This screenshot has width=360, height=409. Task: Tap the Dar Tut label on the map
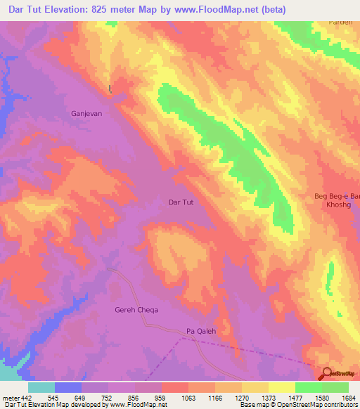click(x=181, y=202)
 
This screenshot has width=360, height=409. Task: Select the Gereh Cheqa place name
click(x=136, y=310)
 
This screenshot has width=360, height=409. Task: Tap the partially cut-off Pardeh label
click(x=341, y=22)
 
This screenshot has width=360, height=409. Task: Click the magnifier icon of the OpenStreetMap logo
click(x=327, y=375)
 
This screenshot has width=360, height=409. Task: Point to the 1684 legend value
click(x=348, y=397)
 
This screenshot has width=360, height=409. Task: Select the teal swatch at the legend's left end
click(x=41, y=387)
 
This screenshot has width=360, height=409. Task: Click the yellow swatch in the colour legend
click(x=281, y=387)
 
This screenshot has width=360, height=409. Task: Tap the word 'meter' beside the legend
click(x=10, y=397)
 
